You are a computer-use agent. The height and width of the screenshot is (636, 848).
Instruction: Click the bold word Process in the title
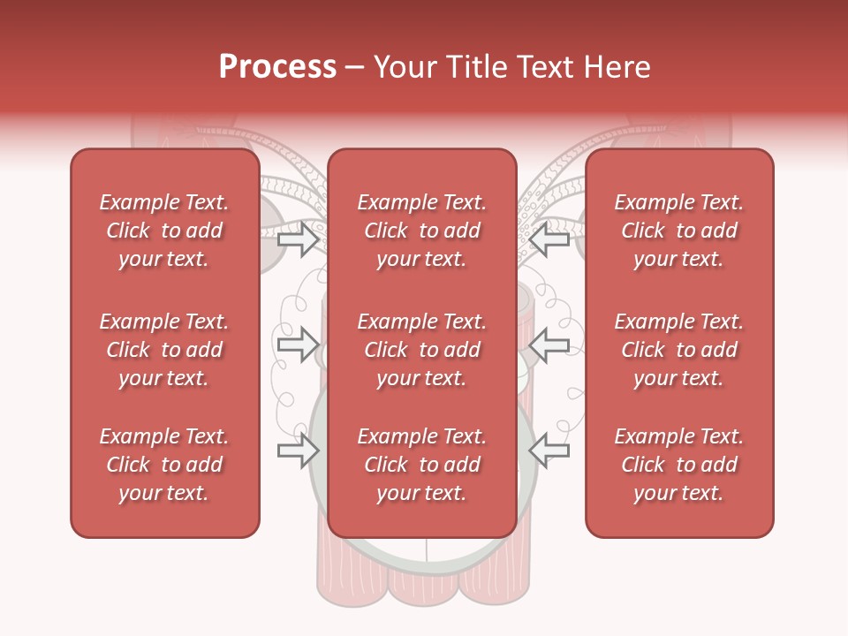coord(277,67)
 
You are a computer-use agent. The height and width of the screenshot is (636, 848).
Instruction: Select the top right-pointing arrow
coord(299,239)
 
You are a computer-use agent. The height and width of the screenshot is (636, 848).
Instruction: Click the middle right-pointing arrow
coord(299,345)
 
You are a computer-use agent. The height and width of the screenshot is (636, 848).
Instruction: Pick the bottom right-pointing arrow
coord(299,450)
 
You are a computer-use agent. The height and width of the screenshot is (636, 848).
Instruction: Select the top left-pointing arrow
coord(549,239)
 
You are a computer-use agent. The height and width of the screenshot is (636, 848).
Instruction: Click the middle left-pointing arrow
coord(549,345)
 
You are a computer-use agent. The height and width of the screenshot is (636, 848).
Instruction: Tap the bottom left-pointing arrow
coord(549,450)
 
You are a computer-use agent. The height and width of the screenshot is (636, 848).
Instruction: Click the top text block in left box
coord(164,231)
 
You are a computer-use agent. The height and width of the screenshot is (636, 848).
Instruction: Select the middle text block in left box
coord(164,350)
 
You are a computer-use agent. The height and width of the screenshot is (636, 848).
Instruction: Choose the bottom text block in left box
coord(164,465)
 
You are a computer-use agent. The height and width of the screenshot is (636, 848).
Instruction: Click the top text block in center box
coord(422,231)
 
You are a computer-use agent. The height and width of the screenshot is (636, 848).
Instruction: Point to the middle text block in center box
coord(422,350)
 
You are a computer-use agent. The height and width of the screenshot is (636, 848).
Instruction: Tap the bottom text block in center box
coord(422,465)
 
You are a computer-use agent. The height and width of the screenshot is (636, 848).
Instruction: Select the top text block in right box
coord(679,231)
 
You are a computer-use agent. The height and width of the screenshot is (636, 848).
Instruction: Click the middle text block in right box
coord(679,350)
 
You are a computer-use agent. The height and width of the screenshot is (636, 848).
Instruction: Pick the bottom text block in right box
coord(679,465)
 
